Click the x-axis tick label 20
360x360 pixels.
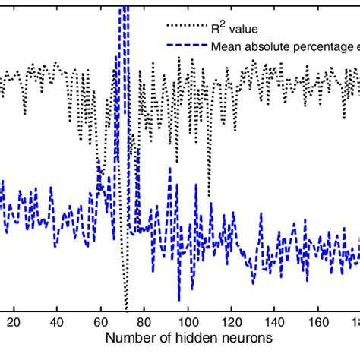(x=13, y=321)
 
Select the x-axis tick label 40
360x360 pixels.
(x=56, y=321)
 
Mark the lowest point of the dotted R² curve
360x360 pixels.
(x=126, y=302)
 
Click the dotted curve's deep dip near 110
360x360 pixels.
(x=209, y=193)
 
